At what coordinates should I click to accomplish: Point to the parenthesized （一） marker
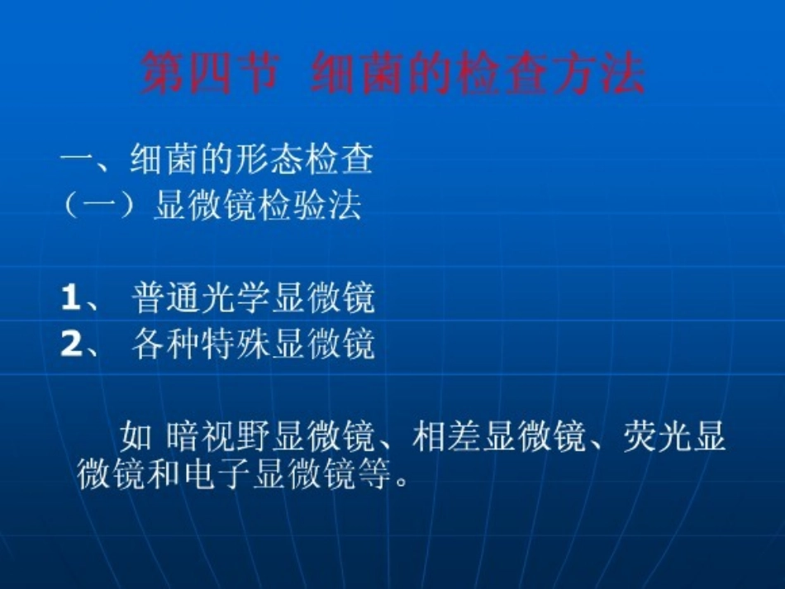click(x=99, y=205)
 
